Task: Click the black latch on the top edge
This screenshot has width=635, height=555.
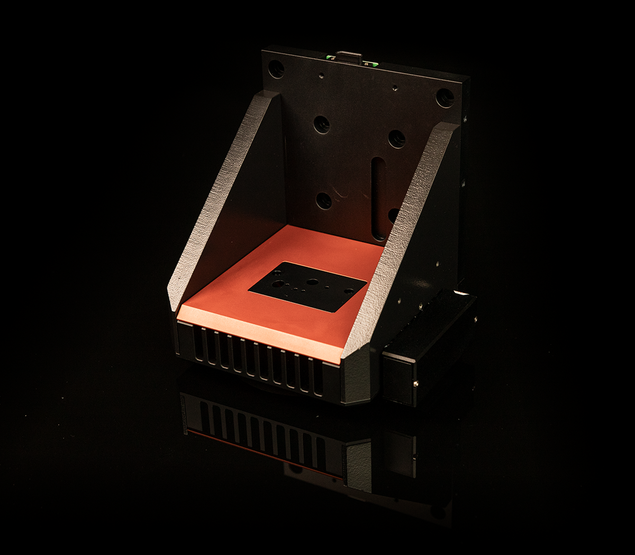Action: (348, 55)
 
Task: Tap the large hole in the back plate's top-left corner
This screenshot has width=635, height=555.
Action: (276, 69)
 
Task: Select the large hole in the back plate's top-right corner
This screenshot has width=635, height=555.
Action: (444, 97)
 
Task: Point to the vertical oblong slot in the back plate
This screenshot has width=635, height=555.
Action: (378, 198)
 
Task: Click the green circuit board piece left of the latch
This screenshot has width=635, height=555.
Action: (331, 57)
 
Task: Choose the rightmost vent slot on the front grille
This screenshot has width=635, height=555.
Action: (319, 377)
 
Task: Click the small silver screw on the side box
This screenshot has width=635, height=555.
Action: (416, 383)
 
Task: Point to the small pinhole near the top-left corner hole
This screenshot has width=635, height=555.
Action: (321, 76)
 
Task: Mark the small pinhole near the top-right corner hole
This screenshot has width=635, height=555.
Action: (394, 88)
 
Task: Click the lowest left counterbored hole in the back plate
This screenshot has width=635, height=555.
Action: (323, 200)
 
